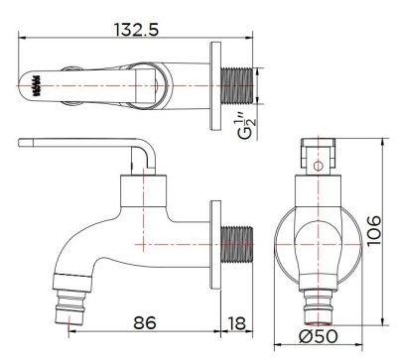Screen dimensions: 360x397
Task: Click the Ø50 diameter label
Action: [x=319, y=335]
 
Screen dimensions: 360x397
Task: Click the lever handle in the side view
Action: [x=89, y=149]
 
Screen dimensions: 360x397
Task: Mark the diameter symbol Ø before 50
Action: [x=306, y=335]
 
